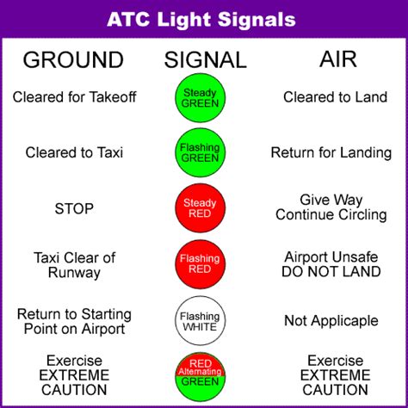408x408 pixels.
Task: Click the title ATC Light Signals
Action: click(201, 20)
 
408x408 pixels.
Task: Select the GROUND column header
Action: click(73, 60)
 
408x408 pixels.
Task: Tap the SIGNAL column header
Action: click(205, 60)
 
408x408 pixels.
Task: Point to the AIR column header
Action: click(338, 59)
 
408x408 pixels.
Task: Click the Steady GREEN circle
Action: click(201, 97)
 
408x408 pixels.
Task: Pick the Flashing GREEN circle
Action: click(201, 152)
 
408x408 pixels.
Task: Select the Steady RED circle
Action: click(201, 208)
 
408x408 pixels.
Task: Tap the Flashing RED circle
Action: click(201, 264)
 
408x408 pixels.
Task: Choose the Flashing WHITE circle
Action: click(201, 321)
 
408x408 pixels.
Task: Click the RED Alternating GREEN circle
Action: click(201, 376)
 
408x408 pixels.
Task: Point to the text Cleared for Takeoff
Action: click(74, 97)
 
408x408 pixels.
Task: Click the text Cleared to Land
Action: click(335, 97)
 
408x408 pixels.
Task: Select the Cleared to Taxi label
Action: click(74, 152)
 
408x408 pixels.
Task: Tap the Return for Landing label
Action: click(331, 152)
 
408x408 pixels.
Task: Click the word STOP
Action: click(74, 208)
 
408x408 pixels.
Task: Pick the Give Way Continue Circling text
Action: click(331, 207)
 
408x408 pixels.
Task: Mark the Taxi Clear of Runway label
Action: click(74, 265)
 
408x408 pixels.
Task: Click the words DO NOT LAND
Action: click(331, 271)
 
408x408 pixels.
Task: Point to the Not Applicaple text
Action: click(331, 321)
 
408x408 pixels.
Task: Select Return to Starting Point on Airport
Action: click(74, 322)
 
